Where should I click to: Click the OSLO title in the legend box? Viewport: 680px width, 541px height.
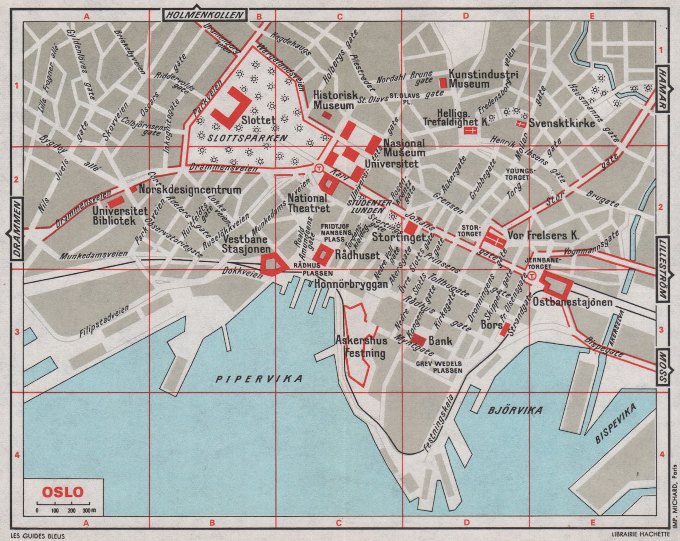coord(62,492)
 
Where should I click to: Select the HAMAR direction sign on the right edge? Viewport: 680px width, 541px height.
coord(663,89)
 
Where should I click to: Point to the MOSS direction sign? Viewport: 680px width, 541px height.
coord(663,367)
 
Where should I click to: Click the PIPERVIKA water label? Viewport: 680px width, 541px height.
coord(258,378)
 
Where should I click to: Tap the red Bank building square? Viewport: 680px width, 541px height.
coord(419,340)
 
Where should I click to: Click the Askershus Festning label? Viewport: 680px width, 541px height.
coord(361,347)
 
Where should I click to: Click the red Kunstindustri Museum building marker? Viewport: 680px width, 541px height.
coord(443,82)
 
